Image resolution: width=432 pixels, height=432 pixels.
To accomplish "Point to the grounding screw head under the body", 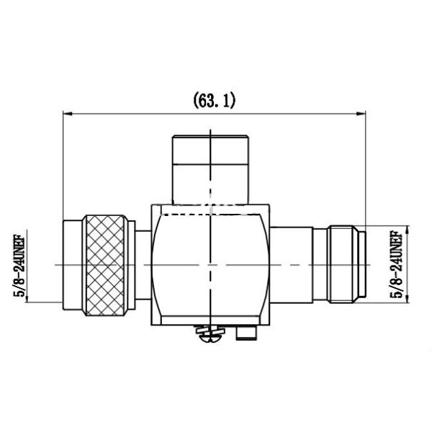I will [210, 332].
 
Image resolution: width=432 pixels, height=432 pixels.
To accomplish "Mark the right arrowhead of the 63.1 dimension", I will [361, 113].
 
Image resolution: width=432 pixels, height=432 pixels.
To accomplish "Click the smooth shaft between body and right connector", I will [292, 264].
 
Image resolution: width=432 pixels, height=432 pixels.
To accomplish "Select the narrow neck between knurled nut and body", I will [143, 264].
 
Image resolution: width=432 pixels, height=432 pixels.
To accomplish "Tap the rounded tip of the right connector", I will [364, 264].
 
